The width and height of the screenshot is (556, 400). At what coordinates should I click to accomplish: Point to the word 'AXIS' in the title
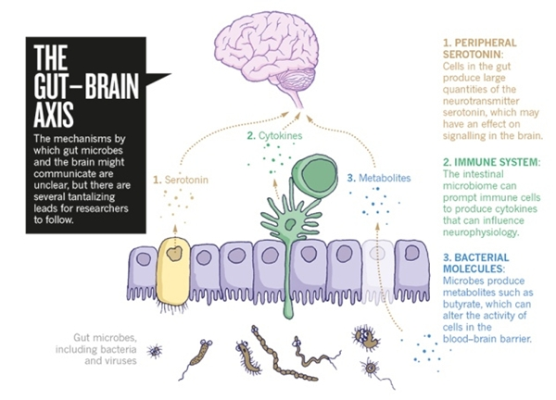(x=56, y=113)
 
